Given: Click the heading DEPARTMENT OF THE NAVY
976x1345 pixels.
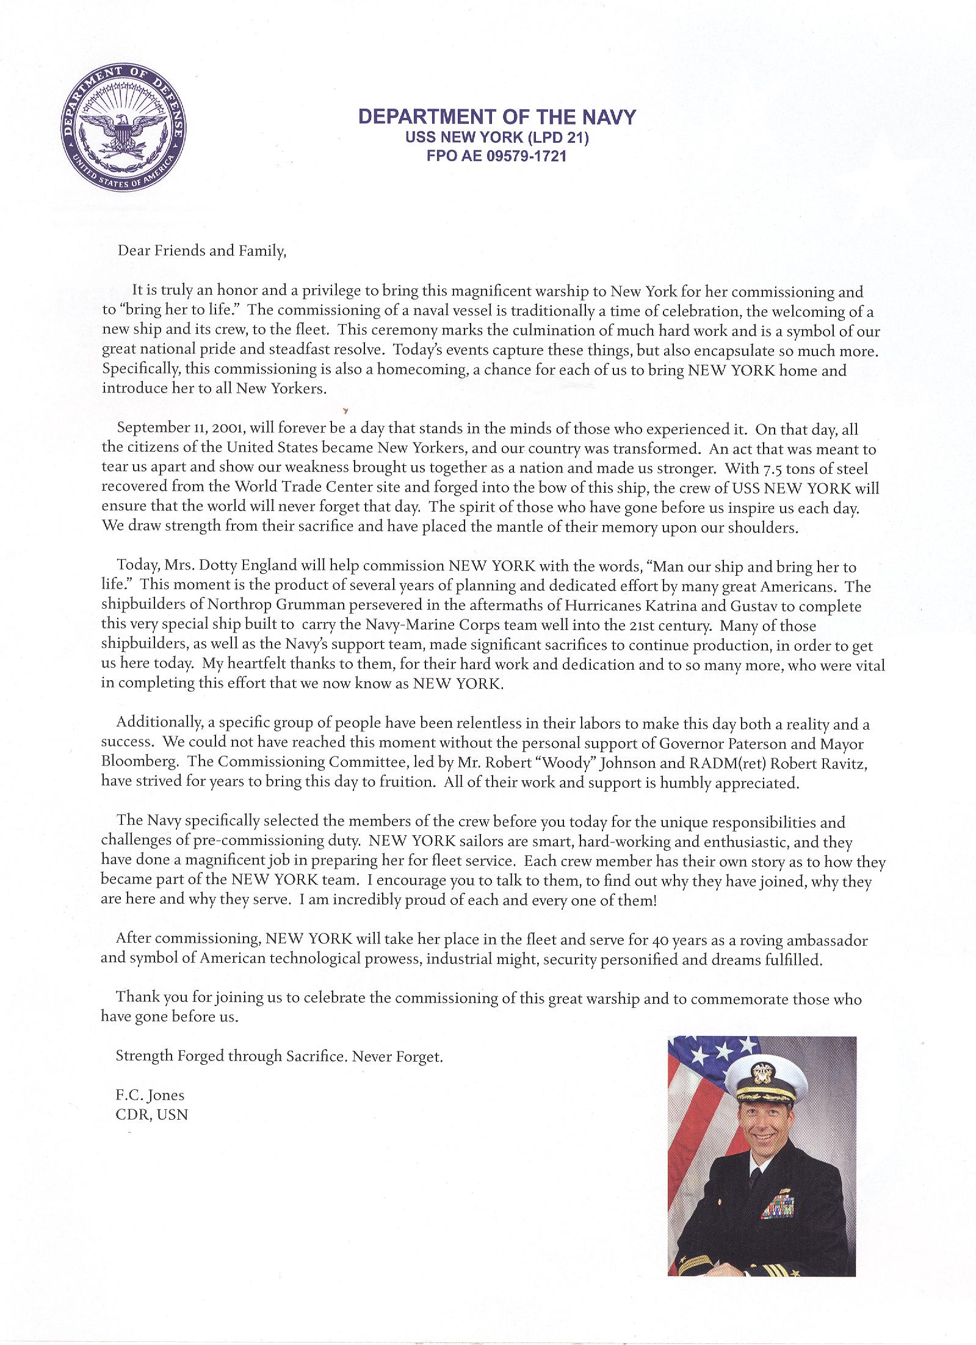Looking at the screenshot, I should (496, 117).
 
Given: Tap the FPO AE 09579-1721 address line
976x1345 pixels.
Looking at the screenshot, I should (496, 156).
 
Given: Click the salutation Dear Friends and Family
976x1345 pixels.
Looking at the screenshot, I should (201, 252).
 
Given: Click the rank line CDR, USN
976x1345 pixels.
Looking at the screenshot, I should (152, 1114).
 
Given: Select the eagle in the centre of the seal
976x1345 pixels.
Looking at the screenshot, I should (123, 129).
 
